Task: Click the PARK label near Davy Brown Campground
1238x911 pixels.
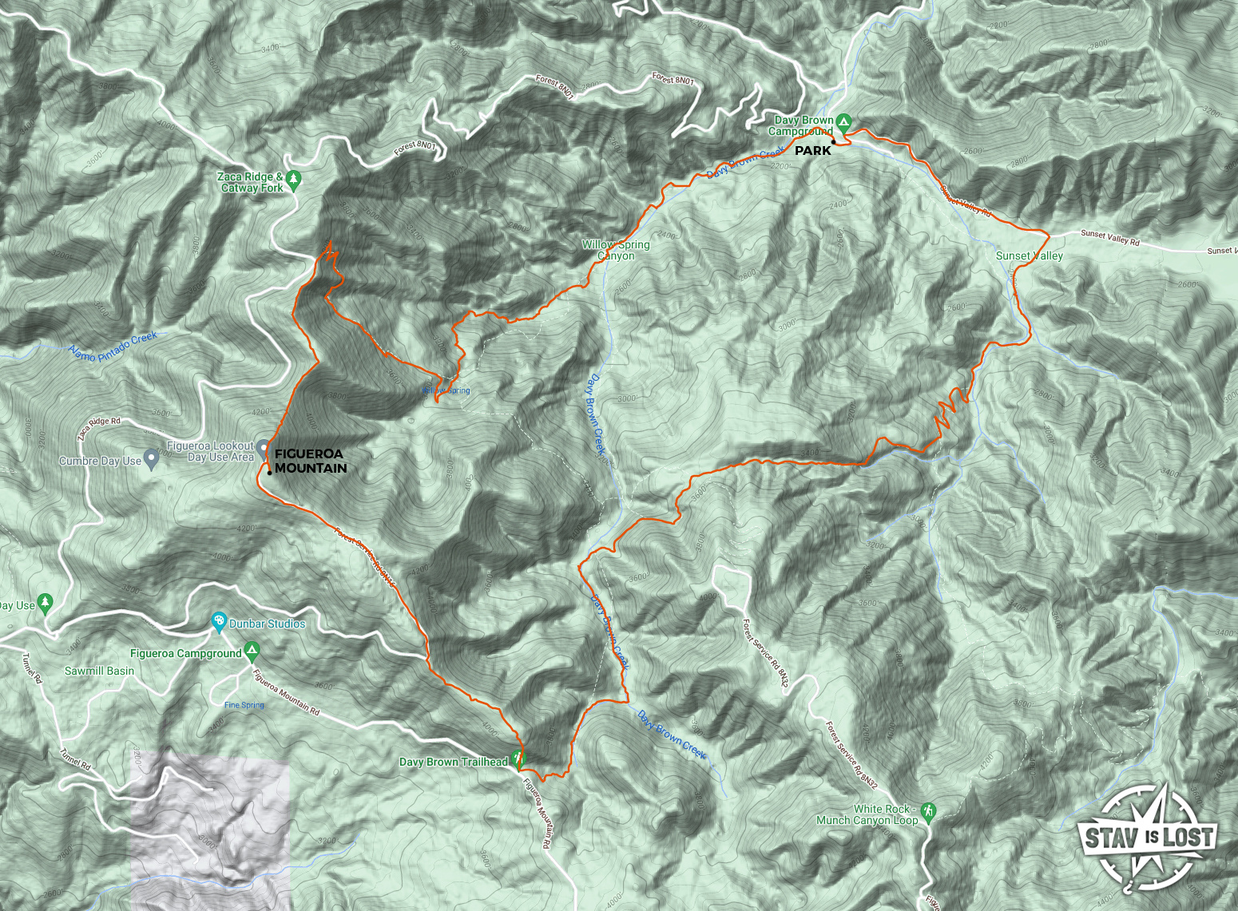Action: (812, 151)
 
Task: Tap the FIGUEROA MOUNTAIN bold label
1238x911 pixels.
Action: (311, 461)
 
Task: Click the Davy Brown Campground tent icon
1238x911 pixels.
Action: (844, 121)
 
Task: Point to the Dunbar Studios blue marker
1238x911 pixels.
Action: (218, 622)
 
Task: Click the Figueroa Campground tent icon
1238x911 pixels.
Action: (252, 652)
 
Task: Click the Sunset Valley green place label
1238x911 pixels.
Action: (1029, 256)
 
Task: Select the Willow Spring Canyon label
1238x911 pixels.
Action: (616, 251)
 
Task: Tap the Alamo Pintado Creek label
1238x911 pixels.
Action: (113, 347)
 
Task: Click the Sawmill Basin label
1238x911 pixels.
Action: (99, 671)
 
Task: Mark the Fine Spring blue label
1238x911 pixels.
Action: (244, 705)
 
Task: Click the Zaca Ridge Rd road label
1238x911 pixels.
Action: (99, 428)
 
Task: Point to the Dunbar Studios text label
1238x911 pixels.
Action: (267, 624)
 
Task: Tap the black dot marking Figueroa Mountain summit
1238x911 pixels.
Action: (270, 473)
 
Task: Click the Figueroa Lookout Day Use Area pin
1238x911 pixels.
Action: (263, 446)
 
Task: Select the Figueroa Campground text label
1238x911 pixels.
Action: (185, 653)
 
